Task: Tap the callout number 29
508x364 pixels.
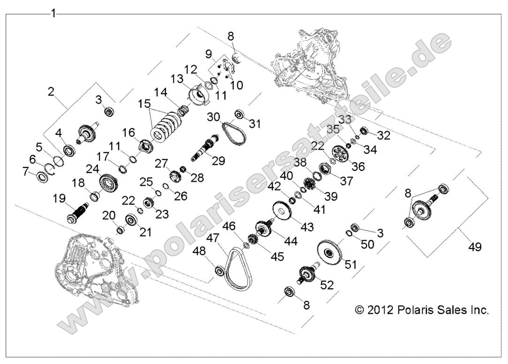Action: click(x=218, y=161)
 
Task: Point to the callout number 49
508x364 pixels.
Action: click(x=475, y=246)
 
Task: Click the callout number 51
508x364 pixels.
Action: click(x=350, y=265)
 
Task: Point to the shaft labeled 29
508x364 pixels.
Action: click(x=206, y=146)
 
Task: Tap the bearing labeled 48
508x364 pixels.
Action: click(x=219, y=271)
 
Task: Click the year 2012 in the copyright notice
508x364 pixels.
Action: click(x=379, y=310)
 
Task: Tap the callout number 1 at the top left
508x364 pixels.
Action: click(x=53, y=13)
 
